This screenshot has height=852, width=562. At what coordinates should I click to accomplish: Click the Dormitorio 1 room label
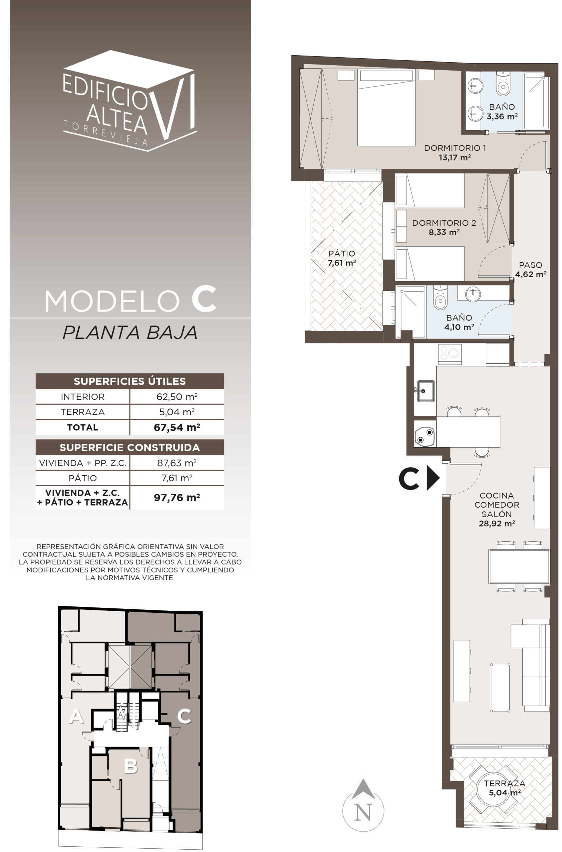pos(455,148)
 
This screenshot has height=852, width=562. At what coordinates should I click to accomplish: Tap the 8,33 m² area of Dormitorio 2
pos(444,232)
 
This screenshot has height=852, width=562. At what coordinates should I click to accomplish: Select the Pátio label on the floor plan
pos(342,253)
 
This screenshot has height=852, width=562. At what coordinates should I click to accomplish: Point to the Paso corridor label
pos(530,265)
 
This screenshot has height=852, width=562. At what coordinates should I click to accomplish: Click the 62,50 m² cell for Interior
pos(177,397)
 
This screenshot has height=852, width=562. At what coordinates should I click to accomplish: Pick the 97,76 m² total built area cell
pos(177,497)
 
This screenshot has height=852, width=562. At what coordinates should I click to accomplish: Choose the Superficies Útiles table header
pos(130,381)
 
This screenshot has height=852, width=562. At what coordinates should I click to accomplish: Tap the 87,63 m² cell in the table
pos(177,463)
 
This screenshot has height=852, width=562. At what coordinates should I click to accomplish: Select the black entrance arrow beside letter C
pos(432,478)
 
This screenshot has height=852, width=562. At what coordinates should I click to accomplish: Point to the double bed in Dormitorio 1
pos(386,107)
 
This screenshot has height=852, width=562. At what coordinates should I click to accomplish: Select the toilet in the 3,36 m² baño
pos(503,85)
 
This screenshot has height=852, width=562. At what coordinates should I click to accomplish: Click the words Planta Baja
pos(130,332)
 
